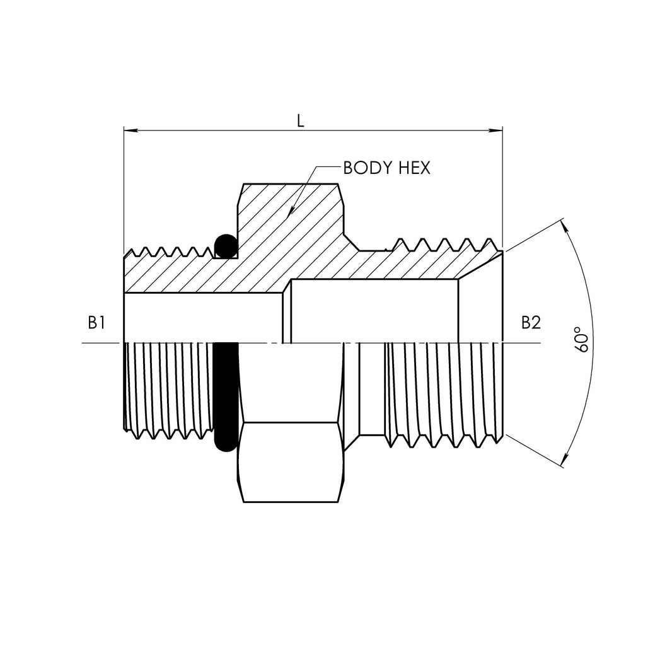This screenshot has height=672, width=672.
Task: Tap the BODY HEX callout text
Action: [386, 168]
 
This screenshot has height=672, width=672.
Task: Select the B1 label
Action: [96, 323]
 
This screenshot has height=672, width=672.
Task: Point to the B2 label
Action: [530, 323]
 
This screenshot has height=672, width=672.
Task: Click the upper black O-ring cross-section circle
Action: [225, 245]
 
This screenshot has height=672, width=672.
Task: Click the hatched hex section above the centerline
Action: [290, 227]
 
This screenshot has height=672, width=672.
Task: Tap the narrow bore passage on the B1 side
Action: [202, 318]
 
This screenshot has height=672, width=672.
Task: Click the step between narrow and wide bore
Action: [287, 312]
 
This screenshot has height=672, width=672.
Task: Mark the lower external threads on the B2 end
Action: [441, 391]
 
